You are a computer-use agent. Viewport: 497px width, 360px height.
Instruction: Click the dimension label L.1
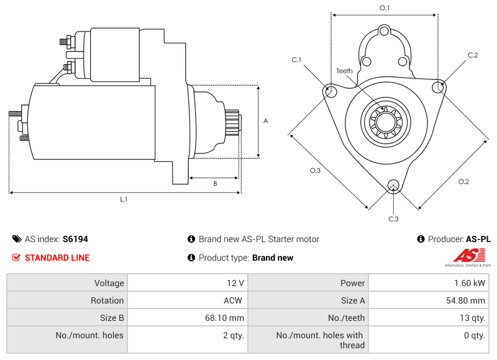click(124, 199)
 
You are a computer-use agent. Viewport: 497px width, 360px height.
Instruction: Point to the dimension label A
click(265, 121)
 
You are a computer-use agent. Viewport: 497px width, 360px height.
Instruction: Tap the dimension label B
click(215, 183)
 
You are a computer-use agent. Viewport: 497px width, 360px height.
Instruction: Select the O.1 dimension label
click(385, 7)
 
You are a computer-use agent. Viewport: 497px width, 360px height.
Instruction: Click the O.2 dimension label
click(463, 181)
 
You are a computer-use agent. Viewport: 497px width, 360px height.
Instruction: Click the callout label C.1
click(296, 60)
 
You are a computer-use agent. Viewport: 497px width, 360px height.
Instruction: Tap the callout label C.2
click(473, 55)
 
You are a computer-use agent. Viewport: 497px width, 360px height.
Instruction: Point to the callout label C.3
click(393, 218)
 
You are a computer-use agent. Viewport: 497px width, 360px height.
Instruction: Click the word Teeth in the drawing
click(344, 71)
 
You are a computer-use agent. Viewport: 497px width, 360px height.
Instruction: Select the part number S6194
click(75, 239)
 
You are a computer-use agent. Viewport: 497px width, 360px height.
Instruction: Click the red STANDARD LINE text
click(57, 258)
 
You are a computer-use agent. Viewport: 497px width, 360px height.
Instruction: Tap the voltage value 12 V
click(235, 283)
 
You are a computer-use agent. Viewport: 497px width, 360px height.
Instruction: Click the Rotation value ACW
click(234, 300)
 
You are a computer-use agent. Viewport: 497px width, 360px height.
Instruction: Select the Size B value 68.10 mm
click(224, 318)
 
